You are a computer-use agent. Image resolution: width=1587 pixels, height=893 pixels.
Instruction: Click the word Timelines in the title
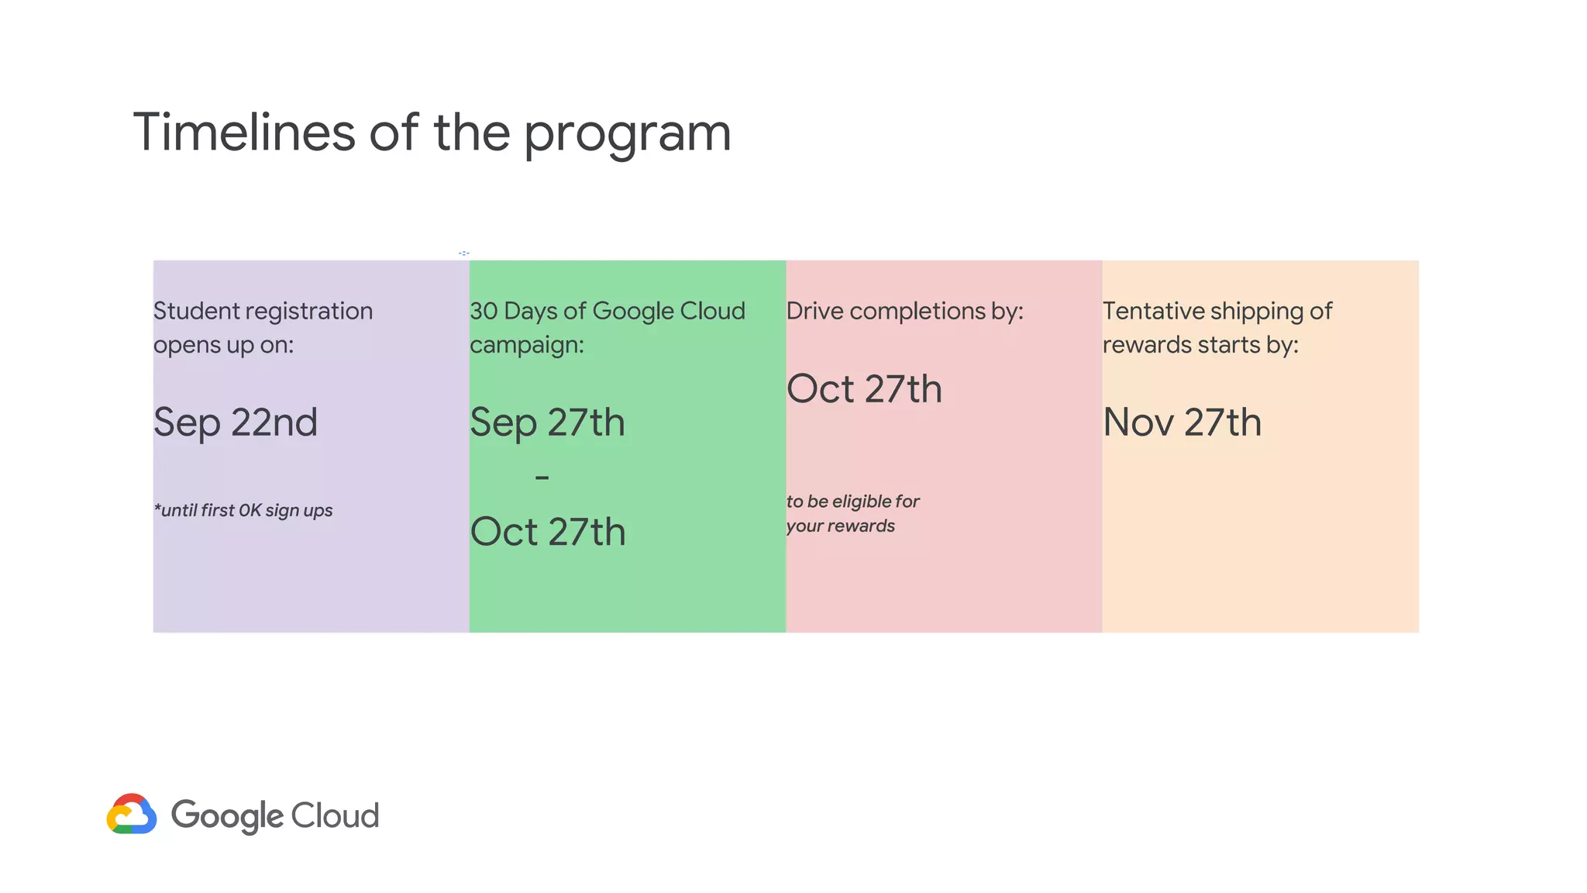tap(244, 132)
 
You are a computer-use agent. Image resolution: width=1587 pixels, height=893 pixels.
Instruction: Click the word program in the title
tap(628, 136)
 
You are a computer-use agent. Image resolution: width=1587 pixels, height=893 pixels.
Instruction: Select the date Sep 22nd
tap(236, 422)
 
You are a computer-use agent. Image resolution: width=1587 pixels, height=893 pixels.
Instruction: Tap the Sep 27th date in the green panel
tap(547, 422)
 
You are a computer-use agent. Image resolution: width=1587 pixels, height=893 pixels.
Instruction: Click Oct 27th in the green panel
tap(548, 532)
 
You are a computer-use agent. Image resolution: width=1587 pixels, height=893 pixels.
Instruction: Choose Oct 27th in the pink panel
tap(864, 389)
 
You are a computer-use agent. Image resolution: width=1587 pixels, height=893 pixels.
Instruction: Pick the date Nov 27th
tap(1182, 422)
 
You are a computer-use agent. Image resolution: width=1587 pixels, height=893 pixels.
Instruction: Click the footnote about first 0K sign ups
tap(243, 510)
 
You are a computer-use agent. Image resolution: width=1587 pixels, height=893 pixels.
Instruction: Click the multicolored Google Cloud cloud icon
tap(132, 814)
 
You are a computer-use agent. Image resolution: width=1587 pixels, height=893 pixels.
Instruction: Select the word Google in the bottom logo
tap(228, 816)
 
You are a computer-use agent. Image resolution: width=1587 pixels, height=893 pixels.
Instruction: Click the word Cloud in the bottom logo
tap(336, 815)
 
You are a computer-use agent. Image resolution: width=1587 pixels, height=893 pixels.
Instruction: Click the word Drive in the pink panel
tap(814, 311)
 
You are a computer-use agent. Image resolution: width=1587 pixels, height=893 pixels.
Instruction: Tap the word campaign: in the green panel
tap(527, 345)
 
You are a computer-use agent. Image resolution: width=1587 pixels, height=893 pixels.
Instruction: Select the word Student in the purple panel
tap(197, 311)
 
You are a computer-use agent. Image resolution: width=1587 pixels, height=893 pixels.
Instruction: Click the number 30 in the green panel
tap(484, 311)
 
